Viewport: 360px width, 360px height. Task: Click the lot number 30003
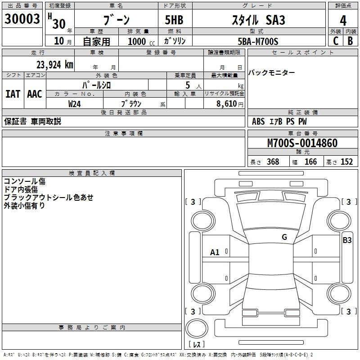click(22, 19)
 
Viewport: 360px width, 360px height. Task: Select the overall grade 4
click(343, 21)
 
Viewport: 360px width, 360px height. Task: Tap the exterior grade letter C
click(336, 41)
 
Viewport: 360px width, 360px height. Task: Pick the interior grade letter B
click(351, 41)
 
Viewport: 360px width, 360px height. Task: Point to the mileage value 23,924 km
click(55, 65)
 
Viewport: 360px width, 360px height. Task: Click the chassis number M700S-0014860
click(302, 143)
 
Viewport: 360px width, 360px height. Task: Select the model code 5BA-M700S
click(258, 41)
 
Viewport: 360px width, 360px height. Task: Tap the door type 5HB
click(174, 20)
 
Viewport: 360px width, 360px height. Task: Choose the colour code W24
click(74, 104)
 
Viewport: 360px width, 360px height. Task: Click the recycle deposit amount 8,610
click(227, 104)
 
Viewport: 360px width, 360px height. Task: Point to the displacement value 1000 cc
click(141, 41)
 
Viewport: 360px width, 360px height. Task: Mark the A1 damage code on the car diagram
click(215, 252)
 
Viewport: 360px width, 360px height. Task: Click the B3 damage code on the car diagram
click(347, 240)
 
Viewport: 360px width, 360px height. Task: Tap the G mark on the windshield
click(284, 237)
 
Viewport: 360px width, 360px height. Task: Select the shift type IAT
click(13, 94)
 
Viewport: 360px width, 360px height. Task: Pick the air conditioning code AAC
click(35, 94)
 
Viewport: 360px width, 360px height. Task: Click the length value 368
click(273, 162)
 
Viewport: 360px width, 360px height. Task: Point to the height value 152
click(346, 162)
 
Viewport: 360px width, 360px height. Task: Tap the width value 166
click(310, 162)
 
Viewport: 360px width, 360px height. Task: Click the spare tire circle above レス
click(197, 319)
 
